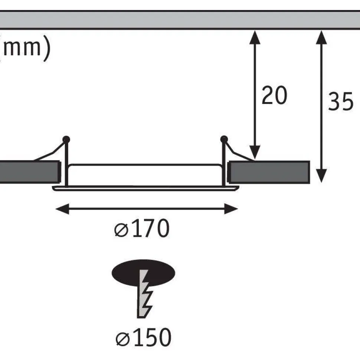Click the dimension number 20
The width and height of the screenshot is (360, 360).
pyautogui.click(x=274, y=95)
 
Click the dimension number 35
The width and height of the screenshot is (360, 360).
pyautogui.click(x=341, y=101)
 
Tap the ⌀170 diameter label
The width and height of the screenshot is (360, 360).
pyautogui.click(x=142, y=228)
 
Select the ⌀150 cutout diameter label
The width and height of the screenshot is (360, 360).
pyautogui.click(x=144, y=337)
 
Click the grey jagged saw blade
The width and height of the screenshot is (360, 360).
pyautogui.click(x=144, y=294)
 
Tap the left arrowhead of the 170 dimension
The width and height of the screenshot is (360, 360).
pyautogui.click(x=62, y=209)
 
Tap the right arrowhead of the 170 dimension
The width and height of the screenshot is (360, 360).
pyautogui.click(x=231, y=209)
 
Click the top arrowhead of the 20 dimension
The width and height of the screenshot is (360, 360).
pyautogui.click(x=255, y=37)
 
